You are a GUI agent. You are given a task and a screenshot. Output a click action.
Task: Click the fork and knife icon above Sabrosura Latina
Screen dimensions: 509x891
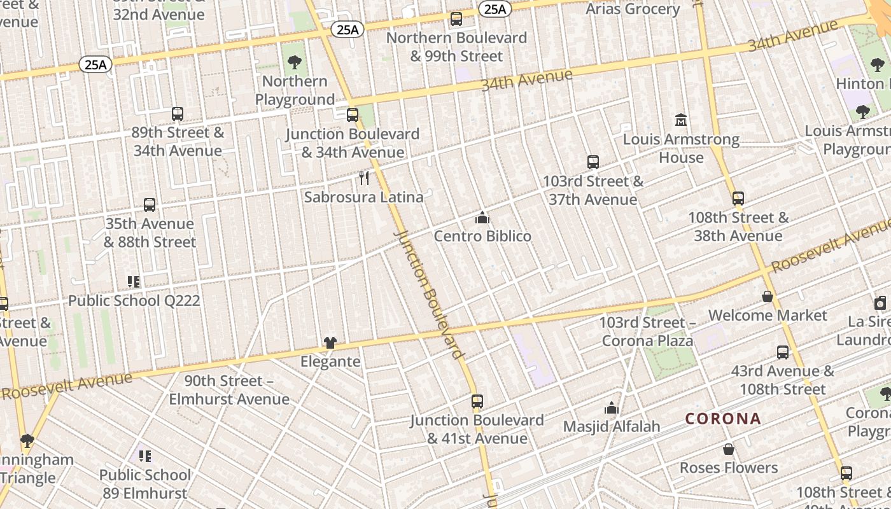[364, 178]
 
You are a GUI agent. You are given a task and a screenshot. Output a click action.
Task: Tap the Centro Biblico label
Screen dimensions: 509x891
[482, 236]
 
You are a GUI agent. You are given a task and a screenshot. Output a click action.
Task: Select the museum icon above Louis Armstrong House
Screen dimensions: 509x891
[681, 120]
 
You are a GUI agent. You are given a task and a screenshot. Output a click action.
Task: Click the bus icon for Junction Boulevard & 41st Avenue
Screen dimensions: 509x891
[477, 401]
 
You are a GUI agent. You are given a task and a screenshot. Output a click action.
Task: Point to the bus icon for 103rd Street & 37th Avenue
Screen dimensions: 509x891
[593, 162]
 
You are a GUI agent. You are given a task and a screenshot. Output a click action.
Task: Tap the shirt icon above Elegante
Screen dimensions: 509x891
[330, 343]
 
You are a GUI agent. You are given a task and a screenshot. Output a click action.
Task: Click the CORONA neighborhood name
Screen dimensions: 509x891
[723, 419]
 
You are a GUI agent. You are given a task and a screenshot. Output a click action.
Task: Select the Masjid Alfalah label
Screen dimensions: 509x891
[612, 426]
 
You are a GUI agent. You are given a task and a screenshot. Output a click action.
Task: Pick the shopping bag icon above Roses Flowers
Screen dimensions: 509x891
[729, 449]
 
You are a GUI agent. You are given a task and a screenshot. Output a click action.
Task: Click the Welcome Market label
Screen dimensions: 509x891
[768, 316]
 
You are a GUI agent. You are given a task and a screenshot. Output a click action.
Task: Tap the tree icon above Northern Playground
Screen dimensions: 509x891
[294, 62]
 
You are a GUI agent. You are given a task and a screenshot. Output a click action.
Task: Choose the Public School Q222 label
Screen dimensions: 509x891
[134, 300]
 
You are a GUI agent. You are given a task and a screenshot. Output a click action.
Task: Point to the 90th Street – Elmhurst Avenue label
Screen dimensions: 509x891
[228, 390]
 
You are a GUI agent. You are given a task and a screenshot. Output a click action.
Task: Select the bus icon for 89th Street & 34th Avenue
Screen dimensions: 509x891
[178, 114]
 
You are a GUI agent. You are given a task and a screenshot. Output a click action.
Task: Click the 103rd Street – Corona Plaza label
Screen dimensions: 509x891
[647, 331]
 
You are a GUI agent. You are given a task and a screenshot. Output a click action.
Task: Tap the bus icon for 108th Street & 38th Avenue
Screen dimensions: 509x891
[738, 199]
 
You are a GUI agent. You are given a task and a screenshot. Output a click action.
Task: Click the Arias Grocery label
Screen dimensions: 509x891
[633, 9]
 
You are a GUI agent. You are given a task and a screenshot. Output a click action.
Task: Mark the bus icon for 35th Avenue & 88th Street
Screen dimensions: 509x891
[150, 205]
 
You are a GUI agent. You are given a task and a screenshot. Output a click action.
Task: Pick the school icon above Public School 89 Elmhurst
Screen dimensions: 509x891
[145, 456]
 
